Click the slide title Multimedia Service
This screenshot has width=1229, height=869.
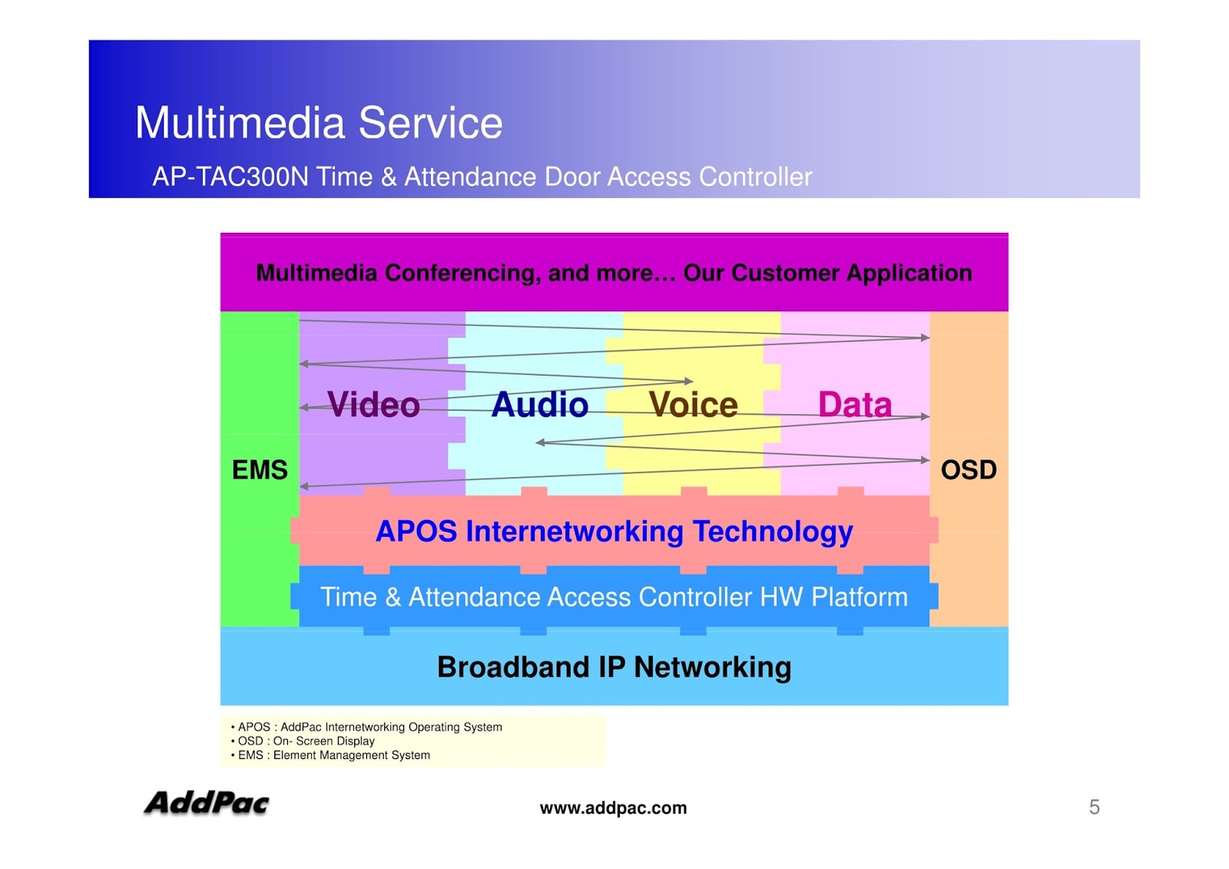[318, 123]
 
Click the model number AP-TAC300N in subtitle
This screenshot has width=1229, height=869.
[230, 177]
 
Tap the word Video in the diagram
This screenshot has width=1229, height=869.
[373, 405]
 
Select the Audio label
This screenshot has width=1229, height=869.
[539, 405]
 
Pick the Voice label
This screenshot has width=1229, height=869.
[693, 405]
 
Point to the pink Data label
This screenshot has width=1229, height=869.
[854, 405]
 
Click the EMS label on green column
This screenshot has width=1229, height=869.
[260, 469]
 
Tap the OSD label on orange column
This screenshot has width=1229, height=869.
[969, 469]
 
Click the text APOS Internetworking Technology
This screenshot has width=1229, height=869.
[614, 531]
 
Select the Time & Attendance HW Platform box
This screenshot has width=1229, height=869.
[614, 597]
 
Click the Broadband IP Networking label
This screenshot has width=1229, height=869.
[614, 667]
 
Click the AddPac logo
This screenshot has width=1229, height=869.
[206, 804]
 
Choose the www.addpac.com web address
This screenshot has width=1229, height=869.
[613, 808]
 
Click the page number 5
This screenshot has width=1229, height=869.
[1094, 807]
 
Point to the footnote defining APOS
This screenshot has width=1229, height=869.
[369, 727]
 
